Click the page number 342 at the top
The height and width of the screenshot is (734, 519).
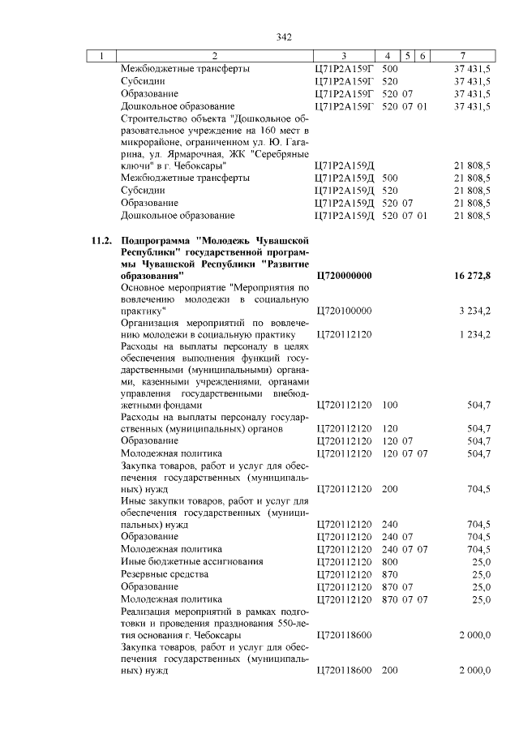[283, 36]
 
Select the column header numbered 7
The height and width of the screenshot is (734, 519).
[461, 55]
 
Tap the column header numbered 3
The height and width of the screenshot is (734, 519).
[343, 55]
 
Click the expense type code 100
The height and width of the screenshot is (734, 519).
[389, 405]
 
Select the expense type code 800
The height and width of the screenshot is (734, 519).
[389, 561]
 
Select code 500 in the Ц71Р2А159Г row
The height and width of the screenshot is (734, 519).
[389, 69]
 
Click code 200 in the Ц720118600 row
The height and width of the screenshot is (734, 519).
[389, 670]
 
